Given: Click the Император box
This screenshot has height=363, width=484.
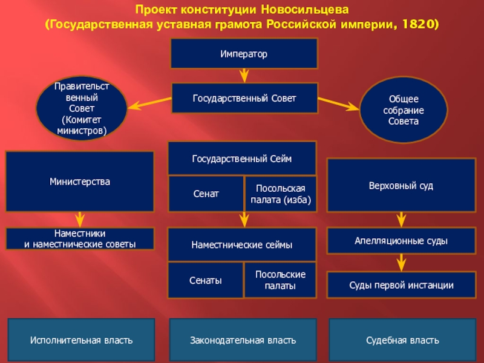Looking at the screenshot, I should [x=244, y=54].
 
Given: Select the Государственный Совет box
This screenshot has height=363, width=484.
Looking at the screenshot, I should [x=244, y=98].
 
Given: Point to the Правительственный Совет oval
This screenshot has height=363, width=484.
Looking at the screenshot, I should [x=81, y=109].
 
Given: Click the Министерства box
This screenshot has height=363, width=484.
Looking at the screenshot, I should [x=80, y=181].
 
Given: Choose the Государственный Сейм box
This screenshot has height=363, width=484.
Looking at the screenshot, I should [x=242, y=159].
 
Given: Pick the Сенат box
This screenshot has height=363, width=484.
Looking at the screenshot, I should [x=206, y=194].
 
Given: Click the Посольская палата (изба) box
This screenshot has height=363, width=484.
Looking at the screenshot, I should [x=281, y=194].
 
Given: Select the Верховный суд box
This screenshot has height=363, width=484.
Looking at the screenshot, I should [x=401, y=185].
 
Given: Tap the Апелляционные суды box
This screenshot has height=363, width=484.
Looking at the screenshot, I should [x=401, y=241].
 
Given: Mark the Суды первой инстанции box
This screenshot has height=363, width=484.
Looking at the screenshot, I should [x=401, y=285].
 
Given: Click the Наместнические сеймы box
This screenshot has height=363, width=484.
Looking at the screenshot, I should [x=242, y=244].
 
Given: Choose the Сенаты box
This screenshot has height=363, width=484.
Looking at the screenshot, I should [x=206, y=280].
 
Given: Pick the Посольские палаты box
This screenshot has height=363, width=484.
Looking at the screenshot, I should [x=281, y=280].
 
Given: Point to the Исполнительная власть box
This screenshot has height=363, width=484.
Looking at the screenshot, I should [x=81, y=341].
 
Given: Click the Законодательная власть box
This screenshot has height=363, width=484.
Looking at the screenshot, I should [x=243, y=341].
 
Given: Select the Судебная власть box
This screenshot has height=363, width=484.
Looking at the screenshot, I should [x=402, y=341].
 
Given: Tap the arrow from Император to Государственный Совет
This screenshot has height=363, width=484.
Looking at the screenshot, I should [x=244, y=76].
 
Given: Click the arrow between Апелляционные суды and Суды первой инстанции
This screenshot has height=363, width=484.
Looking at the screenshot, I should [x=401, y=263].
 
